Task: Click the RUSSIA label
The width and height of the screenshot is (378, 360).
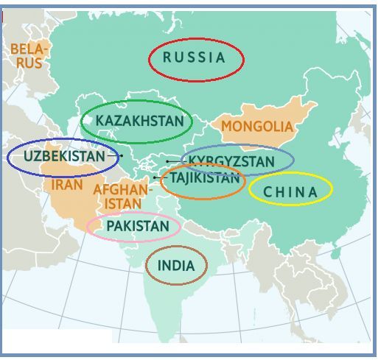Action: pyautogui.click(x=194, y=57)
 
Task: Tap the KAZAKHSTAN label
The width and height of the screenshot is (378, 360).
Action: pyautogui.click(x=139, y=121)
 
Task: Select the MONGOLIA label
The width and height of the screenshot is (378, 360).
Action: pyautogui.click(x=257, y=127)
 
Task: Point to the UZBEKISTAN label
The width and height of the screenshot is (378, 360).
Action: pyautogui.click(x=64, y=156)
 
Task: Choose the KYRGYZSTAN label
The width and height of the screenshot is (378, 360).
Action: pyautogui.click(x=231, y=161)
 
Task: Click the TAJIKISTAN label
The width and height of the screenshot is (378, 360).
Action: pyautogui.click(x=204, y=178)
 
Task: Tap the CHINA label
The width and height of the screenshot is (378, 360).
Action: pyautogui.click(x=290, y=192)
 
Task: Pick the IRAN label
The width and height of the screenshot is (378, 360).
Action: pyautogui.click(x=67, y=185)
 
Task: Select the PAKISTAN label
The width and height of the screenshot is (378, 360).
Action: pyautogui.click(x=138, y=226)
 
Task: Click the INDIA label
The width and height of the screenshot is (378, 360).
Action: pyautogui.click(x=176, y=266)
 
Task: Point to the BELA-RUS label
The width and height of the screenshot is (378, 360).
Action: pyautogui.click(x=29, y=56)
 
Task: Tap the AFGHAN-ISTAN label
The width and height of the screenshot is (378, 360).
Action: pyautogui.click(x=122, y=196)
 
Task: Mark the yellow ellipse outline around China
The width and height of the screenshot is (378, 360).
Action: pyautogui.click(x=290, y=174)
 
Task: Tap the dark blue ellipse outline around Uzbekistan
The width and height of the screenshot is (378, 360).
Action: pyautogui.click(x=8, y=157)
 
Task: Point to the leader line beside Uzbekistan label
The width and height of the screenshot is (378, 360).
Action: pyautogui.click(x=114, y=156)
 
